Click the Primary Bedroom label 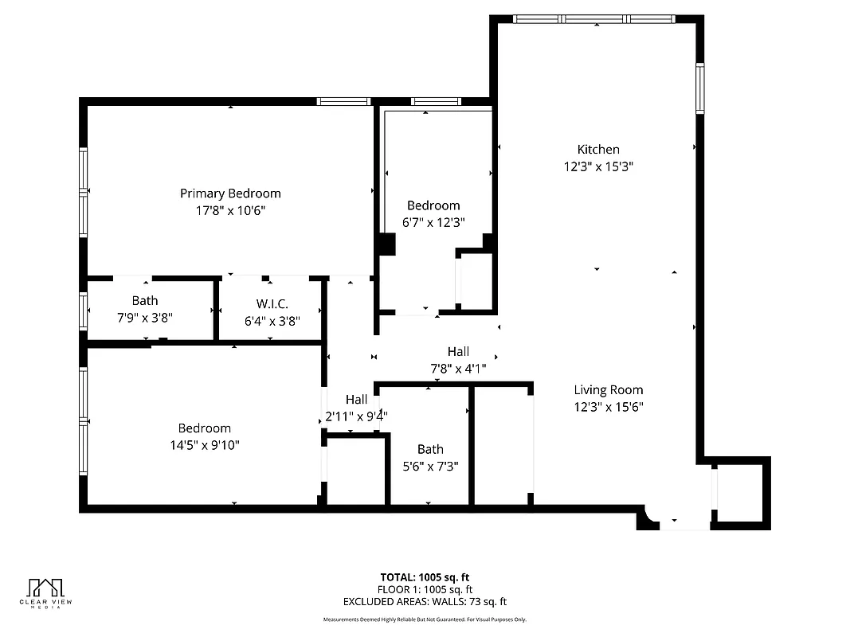click(x=230, y=193)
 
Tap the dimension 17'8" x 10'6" click(x=230, y=211)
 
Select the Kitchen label click(x=598, y=150)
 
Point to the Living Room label click(x=609, y=390)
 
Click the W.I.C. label click(x=272, y=304)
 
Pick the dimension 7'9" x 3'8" click(x=145, y=317)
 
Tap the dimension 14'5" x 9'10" click(x=205, y=445)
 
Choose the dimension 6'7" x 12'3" click(x=433, y=223)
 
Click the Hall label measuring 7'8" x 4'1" click(x=458, y=351)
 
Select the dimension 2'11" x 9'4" click(x=356, y=416)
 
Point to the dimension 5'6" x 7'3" click(x=430, y=467)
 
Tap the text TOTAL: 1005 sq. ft click(x=425, y=576)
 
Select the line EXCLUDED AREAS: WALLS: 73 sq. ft click(x=425, y=602)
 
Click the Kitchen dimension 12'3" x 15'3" click(x=598, y=167)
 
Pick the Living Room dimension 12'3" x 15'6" click(x=609, y=408)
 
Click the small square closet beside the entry click(x=741, y=493)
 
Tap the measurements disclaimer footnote click(x=425, y=619)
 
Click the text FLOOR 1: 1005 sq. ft click(x=425, y=589)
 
